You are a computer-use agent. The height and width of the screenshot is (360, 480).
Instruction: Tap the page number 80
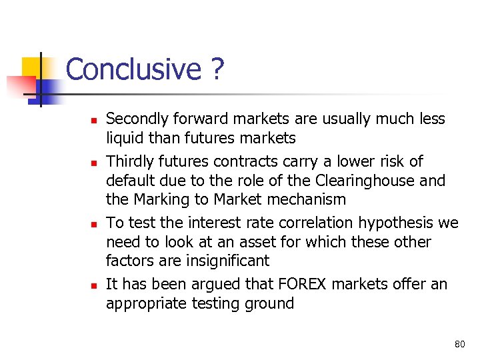(459, 344)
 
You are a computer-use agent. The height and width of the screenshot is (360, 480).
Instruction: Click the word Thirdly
(131, 161)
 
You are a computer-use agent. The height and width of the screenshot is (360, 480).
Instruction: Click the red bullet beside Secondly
(94, 121)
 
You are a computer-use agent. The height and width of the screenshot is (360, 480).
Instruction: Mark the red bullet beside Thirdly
(94, 163)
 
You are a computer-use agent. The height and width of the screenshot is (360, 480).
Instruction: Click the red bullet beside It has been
(94, 285)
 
